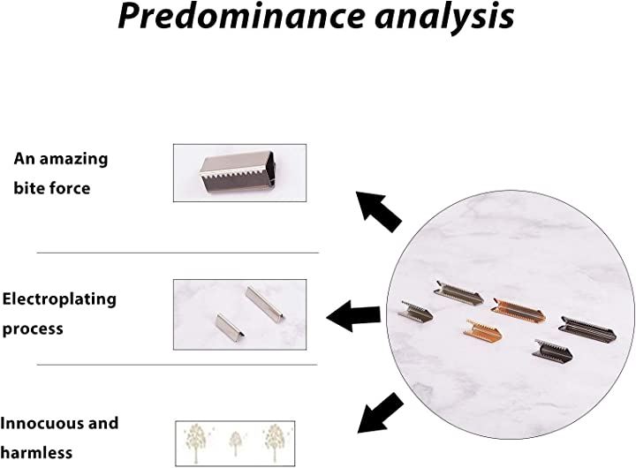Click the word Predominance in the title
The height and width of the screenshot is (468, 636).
pos(241,16)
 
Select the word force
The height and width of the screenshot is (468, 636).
pos(70,188)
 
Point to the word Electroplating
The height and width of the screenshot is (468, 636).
pos(59,300)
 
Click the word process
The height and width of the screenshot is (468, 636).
pos(33,328)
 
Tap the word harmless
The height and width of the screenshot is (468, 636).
pos(36,452)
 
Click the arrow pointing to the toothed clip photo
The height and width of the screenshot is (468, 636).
pos(378,211)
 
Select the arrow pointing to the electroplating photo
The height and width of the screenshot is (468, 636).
pos(353,316)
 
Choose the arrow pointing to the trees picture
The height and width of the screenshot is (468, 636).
pos(380,413)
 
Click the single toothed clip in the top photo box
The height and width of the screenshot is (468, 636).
pos(238,172)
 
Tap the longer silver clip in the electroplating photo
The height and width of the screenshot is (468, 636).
pos(265,302)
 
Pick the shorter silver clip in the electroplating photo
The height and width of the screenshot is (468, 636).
pos(230,328)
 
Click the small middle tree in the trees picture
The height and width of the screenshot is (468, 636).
pos(236,443)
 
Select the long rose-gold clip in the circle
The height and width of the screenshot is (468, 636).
pos(518,311)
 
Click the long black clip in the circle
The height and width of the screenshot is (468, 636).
pos(587,328)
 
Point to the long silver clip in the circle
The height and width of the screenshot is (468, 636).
pos(459,293)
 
